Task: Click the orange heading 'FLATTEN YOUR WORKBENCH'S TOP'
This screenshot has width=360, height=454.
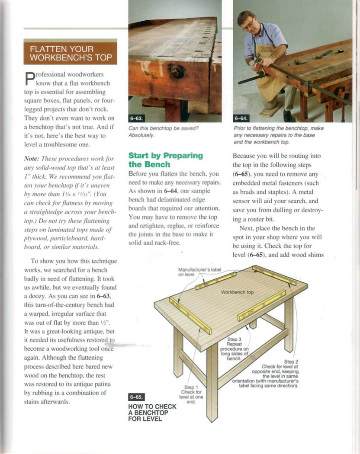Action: point(70,53)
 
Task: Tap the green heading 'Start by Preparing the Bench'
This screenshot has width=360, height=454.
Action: point(165,160)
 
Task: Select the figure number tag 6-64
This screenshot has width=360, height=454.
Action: point(241,118)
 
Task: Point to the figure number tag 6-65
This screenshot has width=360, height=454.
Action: point(136,396)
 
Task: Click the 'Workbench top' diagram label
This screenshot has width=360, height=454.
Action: point(237,292)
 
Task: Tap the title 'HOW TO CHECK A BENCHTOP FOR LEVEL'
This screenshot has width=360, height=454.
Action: point(152,412)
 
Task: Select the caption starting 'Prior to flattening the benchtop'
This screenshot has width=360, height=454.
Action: point(278,135)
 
